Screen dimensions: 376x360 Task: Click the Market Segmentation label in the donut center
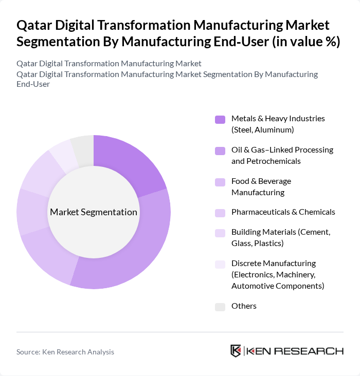pos(94,212)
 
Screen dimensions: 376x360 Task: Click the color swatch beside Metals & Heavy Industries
pos(220,120)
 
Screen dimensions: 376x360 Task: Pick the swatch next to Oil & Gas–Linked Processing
pos(220,151)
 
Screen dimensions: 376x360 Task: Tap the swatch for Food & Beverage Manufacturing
pos(220,182)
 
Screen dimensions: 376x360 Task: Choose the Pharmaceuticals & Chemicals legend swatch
pos(220,213)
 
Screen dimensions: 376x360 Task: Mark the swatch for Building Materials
pos(220,233)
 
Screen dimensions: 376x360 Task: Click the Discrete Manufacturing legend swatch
pos(220,264)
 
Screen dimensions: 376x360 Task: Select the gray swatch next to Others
pos(220,307)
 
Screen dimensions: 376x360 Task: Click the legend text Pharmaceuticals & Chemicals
pos(283,212)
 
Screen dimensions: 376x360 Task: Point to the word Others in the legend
pos(244,306)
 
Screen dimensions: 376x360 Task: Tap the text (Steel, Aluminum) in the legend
pos(262,130)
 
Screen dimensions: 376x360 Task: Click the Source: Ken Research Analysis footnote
pos(65,352)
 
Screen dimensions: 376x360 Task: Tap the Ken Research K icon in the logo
pos(236,351)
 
